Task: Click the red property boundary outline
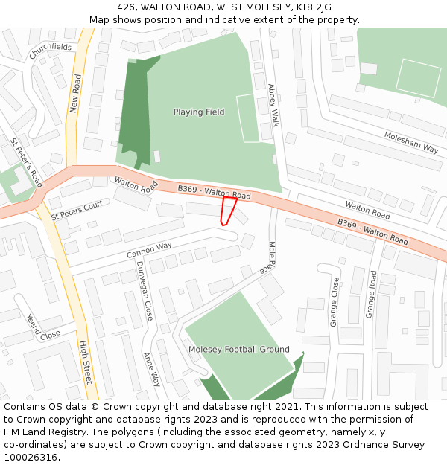pos(229,209)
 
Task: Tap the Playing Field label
pos(199,112)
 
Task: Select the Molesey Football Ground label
pos(238,349)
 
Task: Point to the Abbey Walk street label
pos(273,104)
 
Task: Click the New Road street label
pos(74,93)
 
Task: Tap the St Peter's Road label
pos(27,161)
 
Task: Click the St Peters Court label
pos(77,210)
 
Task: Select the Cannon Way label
pos(149,250)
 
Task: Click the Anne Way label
pos(151,369)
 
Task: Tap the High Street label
pos(85,362)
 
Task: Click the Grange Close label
pos(335,301)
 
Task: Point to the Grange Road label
pos(371,295)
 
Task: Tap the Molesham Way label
pos(411,141)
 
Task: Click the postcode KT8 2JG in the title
pos(311,7)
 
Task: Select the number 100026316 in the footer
pos(32,458)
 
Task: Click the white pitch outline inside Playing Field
pos(247,118)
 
